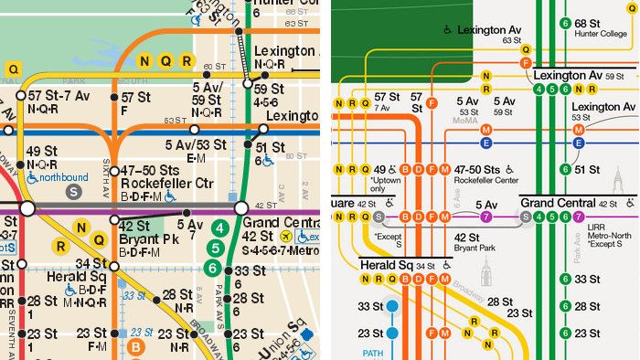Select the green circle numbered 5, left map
[x=215, y=248]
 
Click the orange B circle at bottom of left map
[x=135, y=347]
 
